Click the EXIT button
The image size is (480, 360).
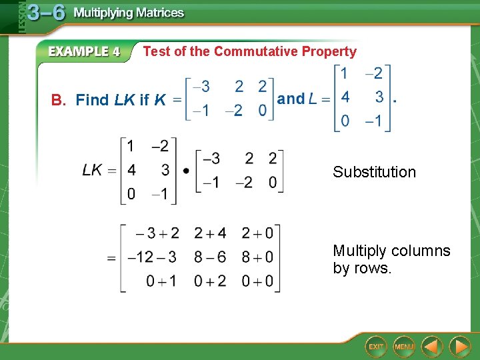pos(377,346)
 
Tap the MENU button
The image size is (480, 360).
pos(404,346)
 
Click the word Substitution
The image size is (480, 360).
pos(374,172)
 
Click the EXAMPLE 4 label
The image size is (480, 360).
pos(84,52)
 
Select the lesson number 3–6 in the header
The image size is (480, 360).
pos(46,13)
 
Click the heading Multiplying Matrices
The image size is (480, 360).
pos(129,13)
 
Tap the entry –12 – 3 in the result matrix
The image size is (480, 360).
pos(153,257)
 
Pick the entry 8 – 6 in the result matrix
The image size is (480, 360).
pos(210,257)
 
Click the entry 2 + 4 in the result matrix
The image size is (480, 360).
pos(210,233)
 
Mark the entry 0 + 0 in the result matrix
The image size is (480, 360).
pos(257,281)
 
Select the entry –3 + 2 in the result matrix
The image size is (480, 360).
pos(157,233)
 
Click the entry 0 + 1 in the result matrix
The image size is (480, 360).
pos(161,281)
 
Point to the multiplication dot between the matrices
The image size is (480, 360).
pos(185,170)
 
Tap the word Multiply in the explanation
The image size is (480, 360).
pos(359,251)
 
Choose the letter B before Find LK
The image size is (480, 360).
pos(57,101)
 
